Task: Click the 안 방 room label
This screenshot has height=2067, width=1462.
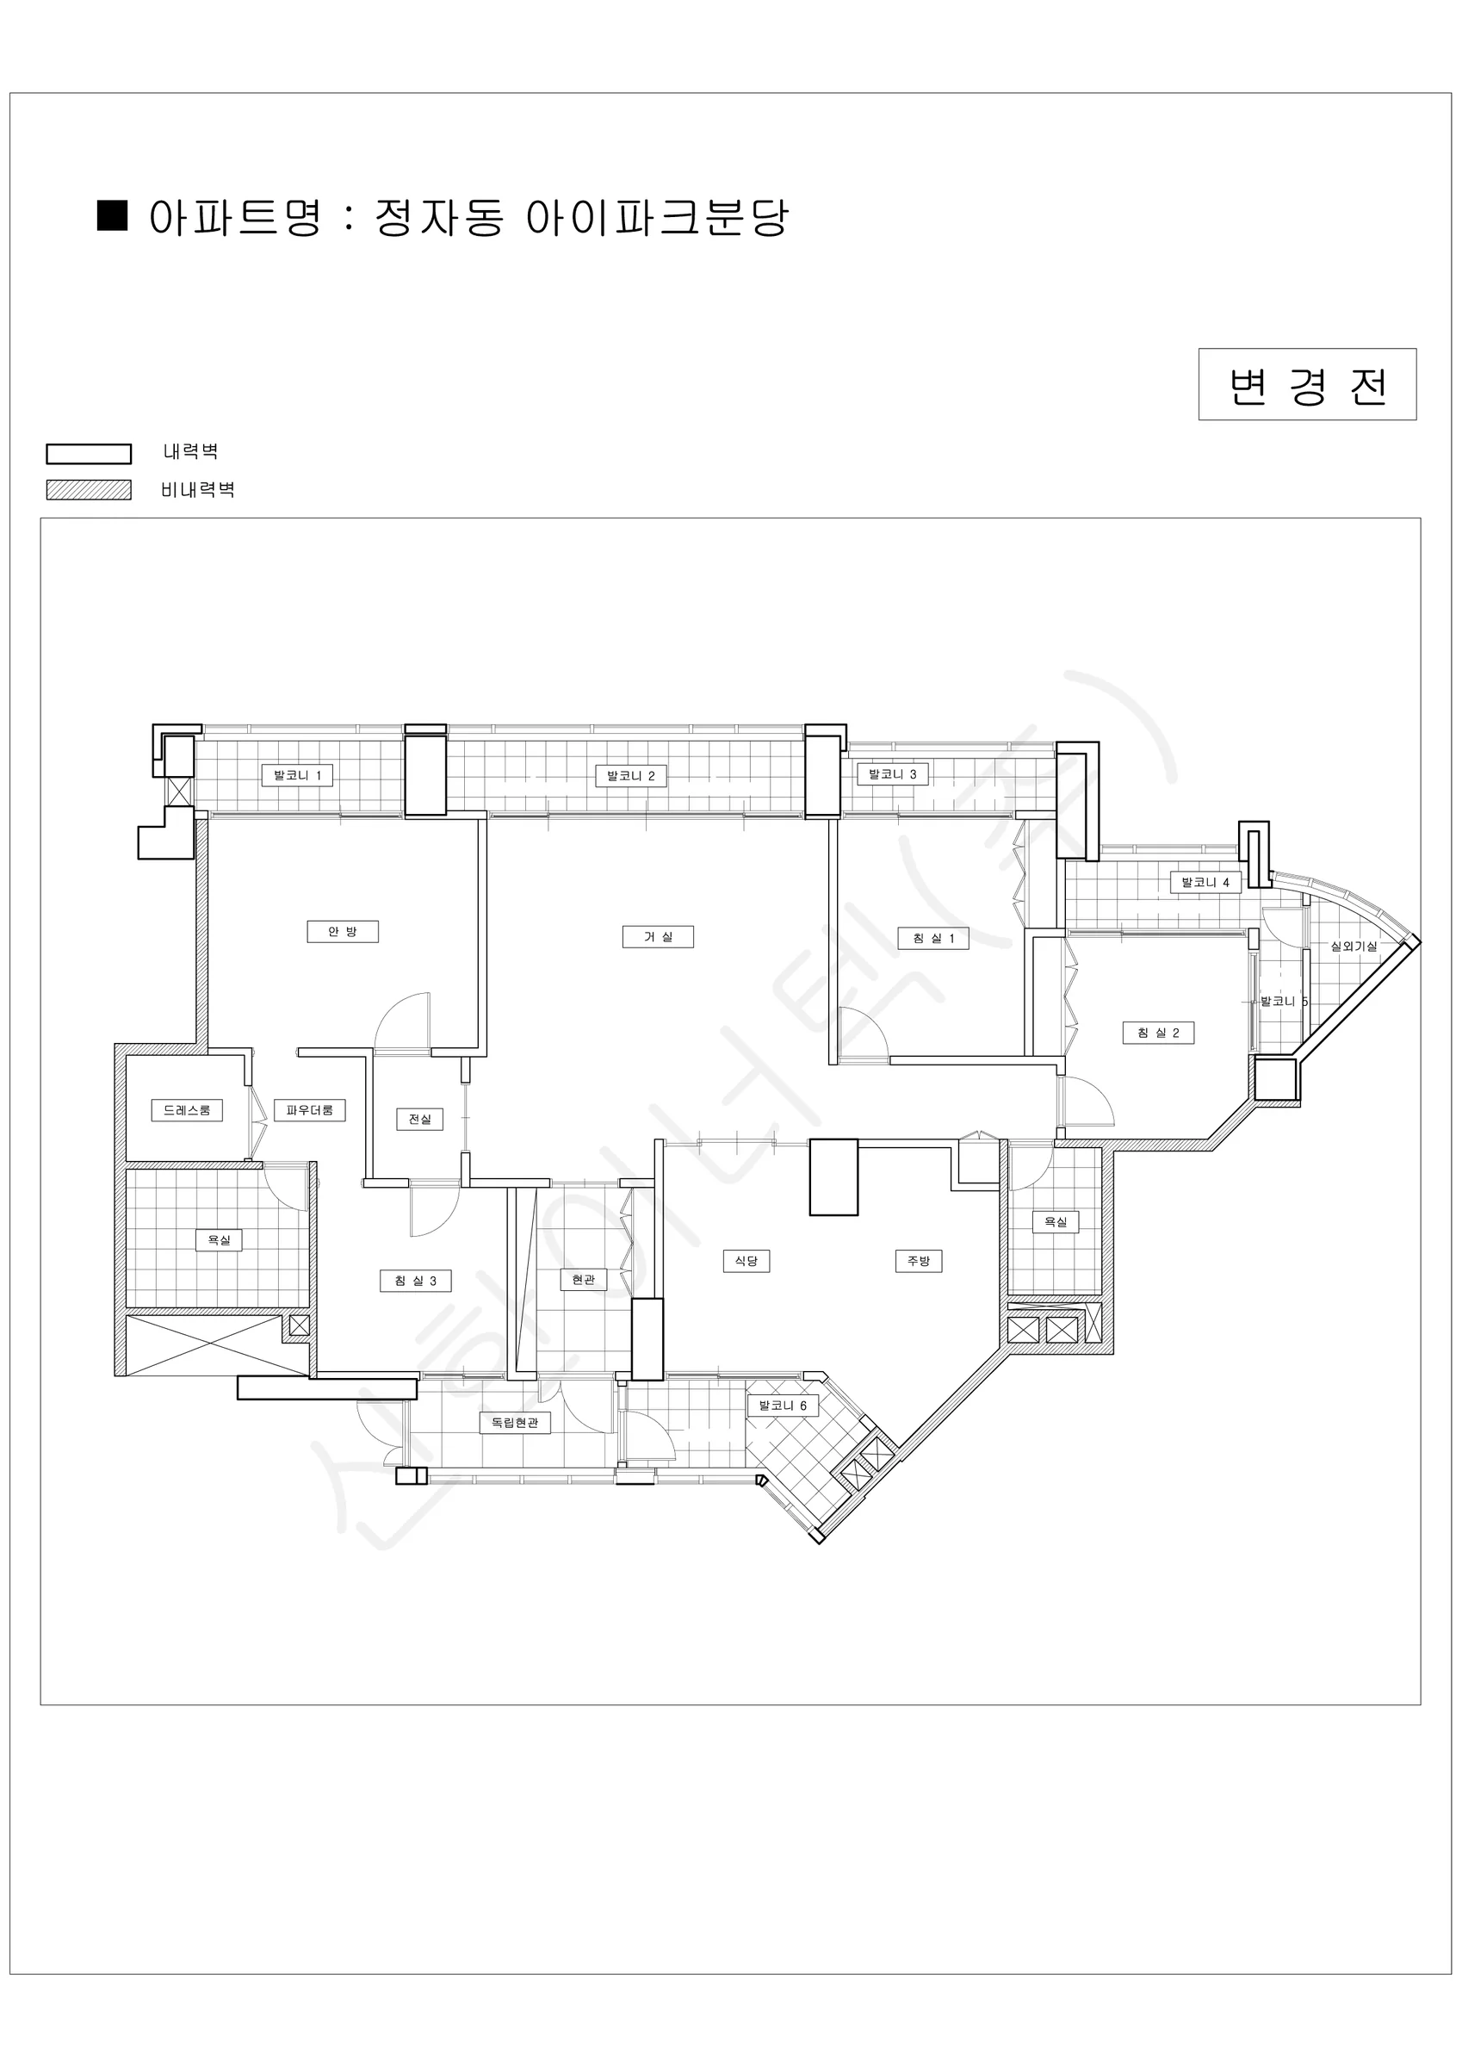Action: pyautogui.click(x=342, y=931)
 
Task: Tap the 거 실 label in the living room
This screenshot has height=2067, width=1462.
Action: pyautogui.click(x=657, y=936)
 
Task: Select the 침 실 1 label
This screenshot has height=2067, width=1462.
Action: pyautogui.click(x=933, y=938)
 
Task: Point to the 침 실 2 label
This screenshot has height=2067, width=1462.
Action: pyautogui.click(x=1158, y=1033)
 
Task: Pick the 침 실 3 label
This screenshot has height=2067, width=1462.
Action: pyautogui.click(x=415, y=1280)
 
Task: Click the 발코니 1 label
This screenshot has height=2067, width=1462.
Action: pyautogui.click(x=297, y=775)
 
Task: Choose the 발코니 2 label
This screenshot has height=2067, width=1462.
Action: pyautogui.click(x=630, y=776)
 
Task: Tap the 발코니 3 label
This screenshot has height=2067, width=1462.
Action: pyautogui.click(x=892, y=774)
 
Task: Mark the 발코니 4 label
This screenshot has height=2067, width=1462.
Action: pyautogui.click(x=1205, y=882)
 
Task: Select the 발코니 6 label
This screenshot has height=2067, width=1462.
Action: pyautogui.click(x=783, y=1406)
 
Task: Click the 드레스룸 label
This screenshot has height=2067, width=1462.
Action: pyautogui.click(x=186, y=1110)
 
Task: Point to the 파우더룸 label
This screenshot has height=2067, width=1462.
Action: pyautogui.click(x=310, y=1110)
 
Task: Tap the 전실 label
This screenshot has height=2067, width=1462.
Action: pyautogui.click(x=419, y=1119)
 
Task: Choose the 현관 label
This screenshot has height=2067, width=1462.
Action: pyautogui.click(x=584, y=1278)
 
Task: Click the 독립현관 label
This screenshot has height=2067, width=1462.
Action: pyautogui.click(x=514, y=1423)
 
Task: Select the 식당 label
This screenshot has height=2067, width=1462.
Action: pyautogui.click(x=746, y=1260)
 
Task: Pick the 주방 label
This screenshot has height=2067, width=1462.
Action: pyautogui.click(x=918, y=1260)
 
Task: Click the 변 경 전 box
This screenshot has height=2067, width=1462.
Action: pyautogui.click(x=1307, y=384)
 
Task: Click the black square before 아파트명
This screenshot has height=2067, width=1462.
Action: pyautogui.click(x=113, y=216)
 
